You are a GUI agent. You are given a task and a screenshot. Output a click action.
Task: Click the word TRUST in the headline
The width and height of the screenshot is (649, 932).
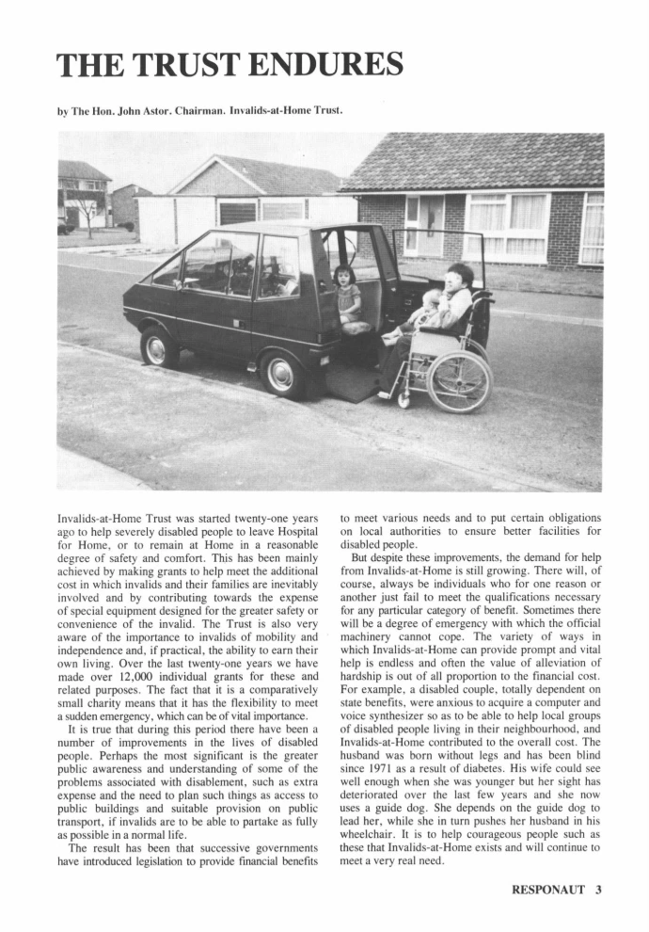(x=182, y=66)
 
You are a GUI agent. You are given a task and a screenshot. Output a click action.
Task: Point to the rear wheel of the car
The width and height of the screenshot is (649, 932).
(x=159, y=348)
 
